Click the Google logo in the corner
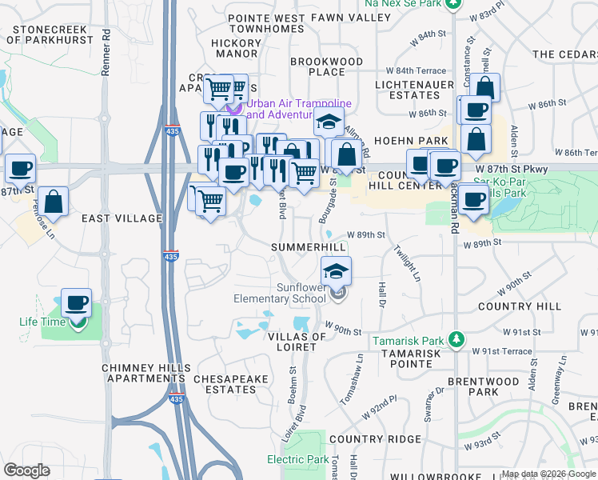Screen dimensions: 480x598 click(26, 470)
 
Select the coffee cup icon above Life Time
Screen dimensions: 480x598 click(76, 302)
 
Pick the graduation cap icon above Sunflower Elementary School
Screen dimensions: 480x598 click(336, 270)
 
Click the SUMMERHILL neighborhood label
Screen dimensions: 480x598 click(309, 247)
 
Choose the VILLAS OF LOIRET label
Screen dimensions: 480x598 click(296, 342)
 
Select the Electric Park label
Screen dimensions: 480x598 click(297, 459)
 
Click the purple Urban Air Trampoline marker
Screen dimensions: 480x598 click(233, 109)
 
